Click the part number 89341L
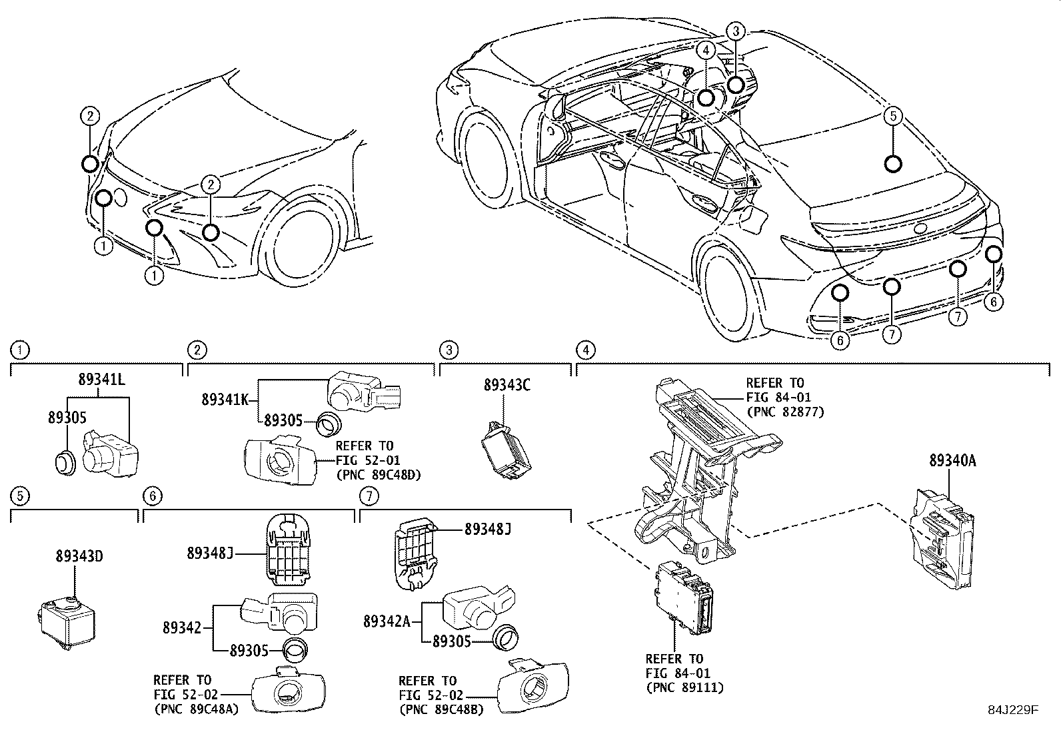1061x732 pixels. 101,380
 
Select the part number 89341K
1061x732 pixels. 225,400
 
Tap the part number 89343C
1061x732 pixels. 507,385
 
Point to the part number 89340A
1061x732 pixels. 952,460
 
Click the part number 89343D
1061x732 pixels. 79,557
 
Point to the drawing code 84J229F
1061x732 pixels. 1013,710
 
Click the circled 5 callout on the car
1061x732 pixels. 893,116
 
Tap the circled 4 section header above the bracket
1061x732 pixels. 584,350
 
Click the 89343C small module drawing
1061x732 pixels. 505,452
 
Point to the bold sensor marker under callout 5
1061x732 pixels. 893,163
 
